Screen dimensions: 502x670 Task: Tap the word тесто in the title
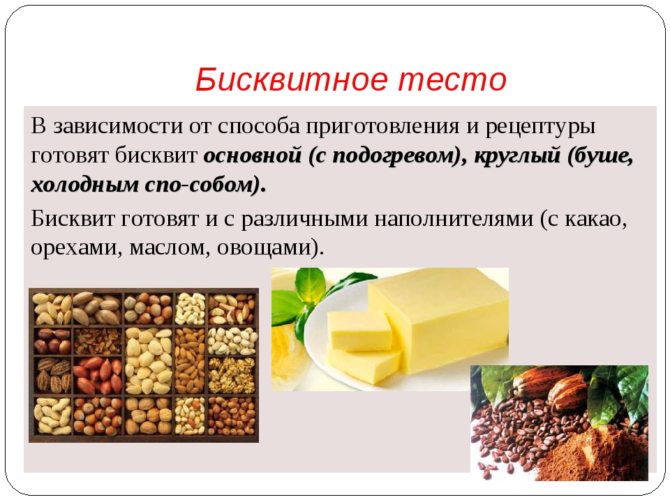tap(452, 80)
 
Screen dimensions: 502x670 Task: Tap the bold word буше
tap(602, 156)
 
